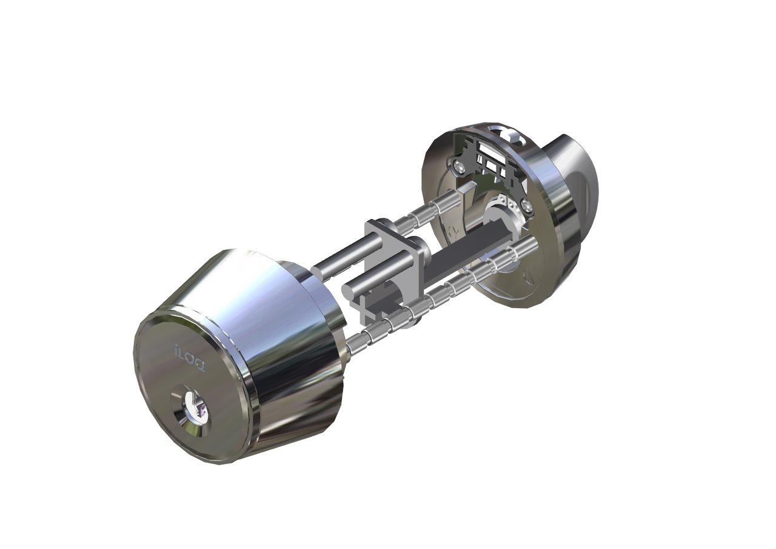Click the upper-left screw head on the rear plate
pyautogui.click(x=457, y=166)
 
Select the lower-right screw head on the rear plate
pyautogui.click(x=527, y=206)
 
